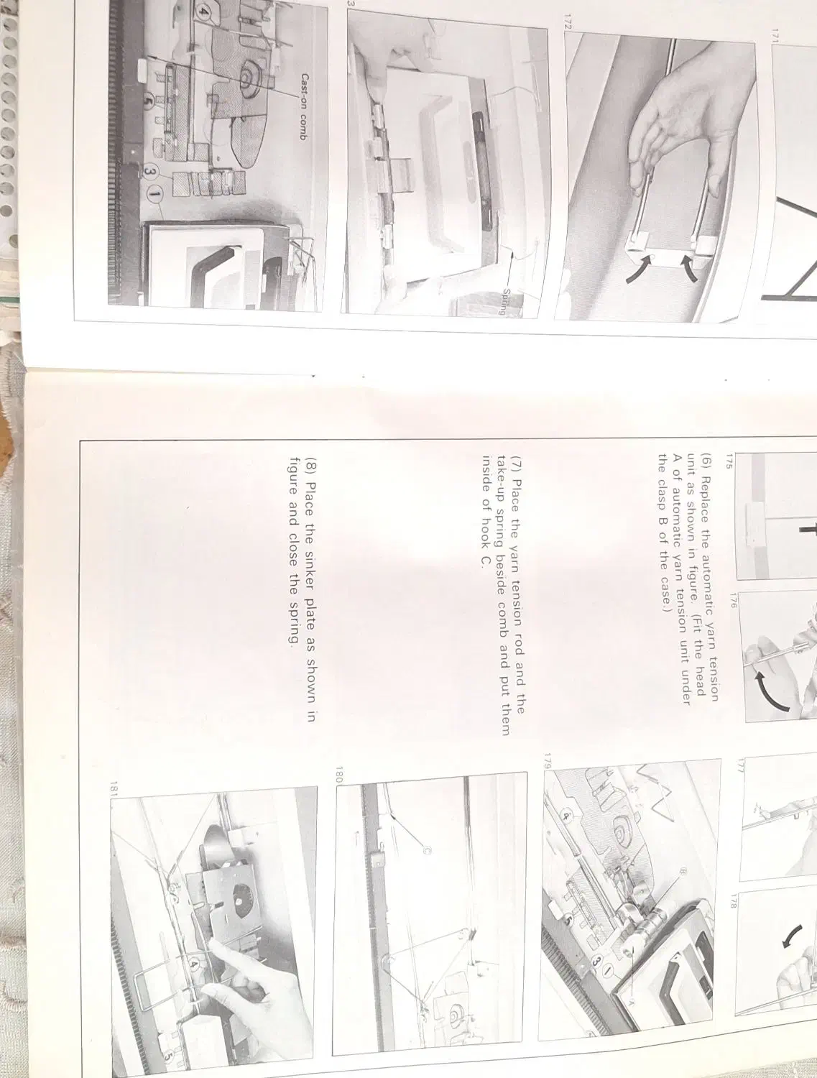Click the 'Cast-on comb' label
tap(303, 106)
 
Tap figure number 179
tap(548, 761)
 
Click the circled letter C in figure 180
tap(427, 851)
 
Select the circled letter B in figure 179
tap(683, 872)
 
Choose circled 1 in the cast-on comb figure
tap(155, 195)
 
